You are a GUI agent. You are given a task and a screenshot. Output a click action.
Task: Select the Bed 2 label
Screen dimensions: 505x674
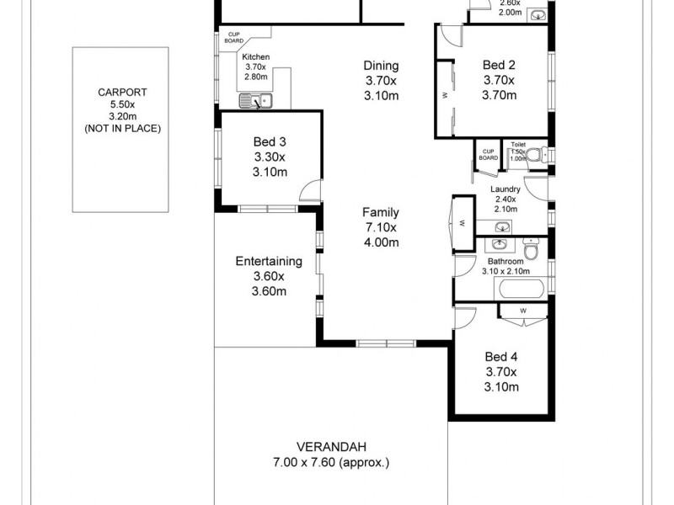pos(499,65)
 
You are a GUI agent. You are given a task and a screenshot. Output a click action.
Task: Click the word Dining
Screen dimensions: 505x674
pos(381,66)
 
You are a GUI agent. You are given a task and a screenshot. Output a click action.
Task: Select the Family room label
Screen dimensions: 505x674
pos(381,212)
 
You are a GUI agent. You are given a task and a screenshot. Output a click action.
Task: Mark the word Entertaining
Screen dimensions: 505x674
pos(269,261)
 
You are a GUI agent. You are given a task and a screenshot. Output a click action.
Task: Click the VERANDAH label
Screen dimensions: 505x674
pos(330,447)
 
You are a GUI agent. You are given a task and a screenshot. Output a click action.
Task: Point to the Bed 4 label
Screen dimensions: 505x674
pos(500,355)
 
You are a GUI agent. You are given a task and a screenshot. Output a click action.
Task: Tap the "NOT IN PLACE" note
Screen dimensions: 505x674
pos(122,129)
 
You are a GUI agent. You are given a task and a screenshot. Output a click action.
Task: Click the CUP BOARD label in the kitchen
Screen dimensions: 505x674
pos(233,37)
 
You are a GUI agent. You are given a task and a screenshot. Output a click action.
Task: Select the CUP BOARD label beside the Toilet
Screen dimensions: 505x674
pos(488,154)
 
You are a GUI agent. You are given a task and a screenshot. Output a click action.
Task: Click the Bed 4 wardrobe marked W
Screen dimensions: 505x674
pos(523,311)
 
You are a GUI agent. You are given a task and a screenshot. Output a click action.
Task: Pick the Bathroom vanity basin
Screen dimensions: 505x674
pos(500,245)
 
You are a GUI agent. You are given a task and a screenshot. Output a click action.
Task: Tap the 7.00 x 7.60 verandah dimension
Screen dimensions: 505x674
pos(330,463)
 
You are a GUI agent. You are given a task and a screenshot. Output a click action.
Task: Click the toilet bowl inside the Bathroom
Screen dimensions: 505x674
pos(531,252)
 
